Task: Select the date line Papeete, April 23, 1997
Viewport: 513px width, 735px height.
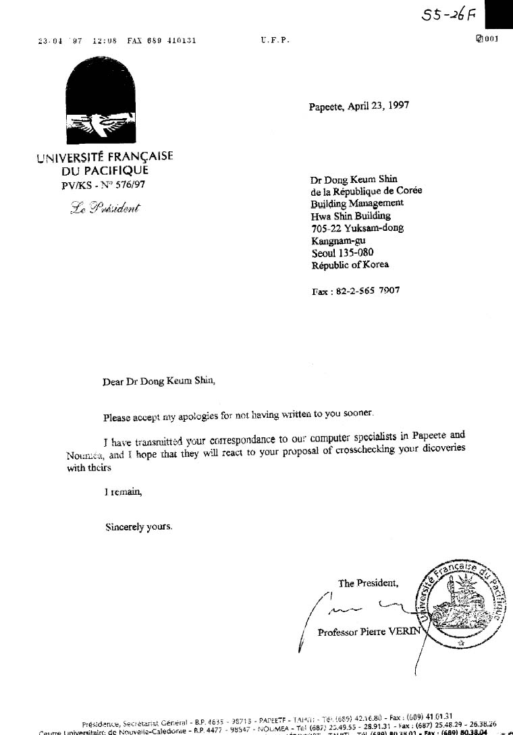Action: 358,106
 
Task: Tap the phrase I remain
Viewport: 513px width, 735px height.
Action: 123,493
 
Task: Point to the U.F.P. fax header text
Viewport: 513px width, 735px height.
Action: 275,40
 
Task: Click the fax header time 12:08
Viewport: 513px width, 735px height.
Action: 105,40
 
